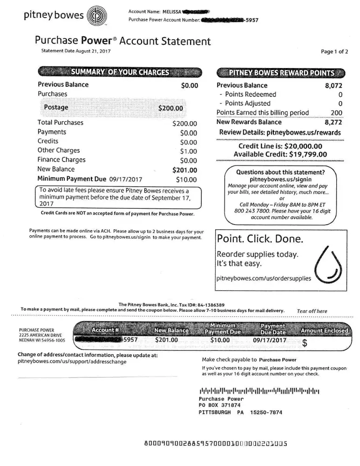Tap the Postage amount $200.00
(x=171, y=108)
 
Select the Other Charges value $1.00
(x=189, y=151)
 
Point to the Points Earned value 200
(x=336, y=113)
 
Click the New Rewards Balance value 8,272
(x=333, y=122)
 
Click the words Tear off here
(x=312, y=311)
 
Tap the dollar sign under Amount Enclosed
(x=305, y=344)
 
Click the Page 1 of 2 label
(x=334, y=52)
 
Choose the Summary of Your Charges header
(x=120, y=72)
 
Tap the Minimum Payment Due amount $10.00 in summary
(x=186, y=179)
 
